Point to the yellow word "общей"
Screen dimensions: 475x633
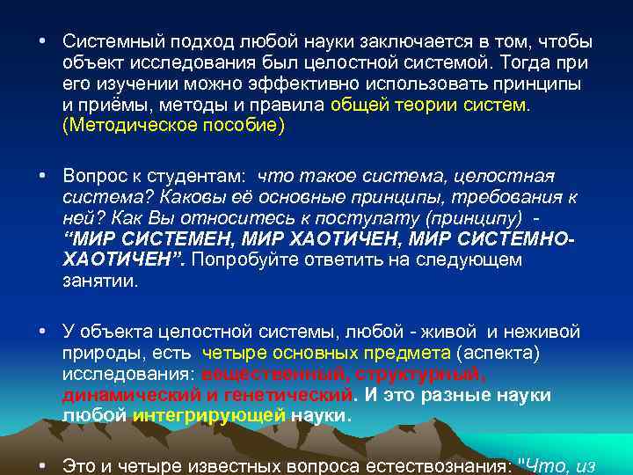click(355, 106)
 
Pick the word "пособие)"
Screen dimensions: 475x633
click(243, 127)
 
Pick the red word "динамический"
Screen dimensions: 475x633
click(133, 395)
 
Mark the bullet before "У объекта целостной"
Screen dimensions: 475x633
click(41, 332)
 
